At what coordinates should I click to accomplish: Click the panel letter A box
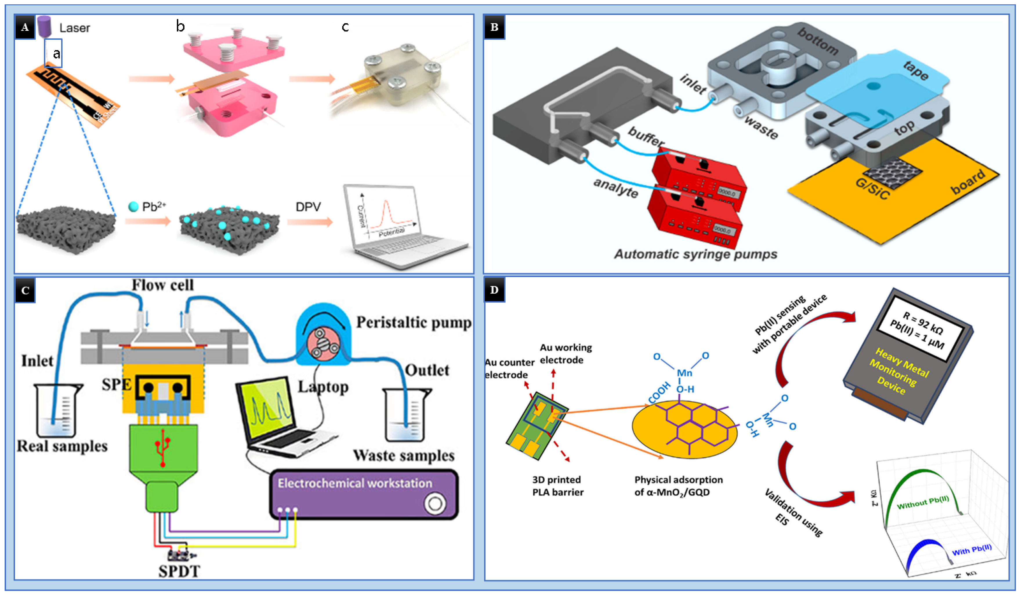(25, 27)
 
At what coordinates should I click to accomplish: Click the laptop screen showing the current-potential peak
(385, 215)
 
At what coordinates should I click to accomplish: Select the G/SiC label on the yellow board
(872, 189)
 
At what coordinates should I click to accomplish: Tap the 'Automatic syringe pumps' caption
(695, 254)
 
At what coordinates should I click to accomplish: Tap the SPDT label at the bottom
(179, 571)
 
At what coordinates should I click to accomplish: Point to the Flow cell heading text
(163, 285)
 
